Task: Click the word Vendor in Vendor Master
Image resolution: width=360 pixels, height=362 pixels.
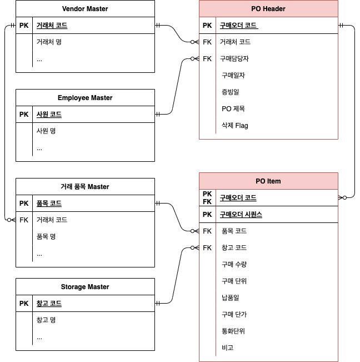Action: pyautogui.click(x=73, y=9)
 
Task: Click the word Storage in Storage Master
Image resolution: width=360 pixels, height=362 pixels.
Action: pyautogui.click(x=73, y=287)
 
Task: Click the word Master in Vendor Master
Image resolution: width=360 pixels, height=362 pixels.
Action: pyautogui.click(x=97, y=9)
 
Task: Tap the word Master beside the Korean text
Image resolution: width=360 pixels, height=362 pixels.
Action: pyautogui.click(x=98, y=187)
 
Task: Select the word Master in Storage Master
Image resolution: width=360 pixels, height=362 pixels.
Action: pyautogui.click(x=98, y=287)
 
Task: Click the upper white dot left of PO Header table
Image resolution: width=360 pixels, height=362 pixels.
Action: pyautogui.click(x=193, y=42)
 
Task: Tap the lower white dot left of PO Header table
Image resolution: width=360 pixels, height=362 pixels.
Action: pyautogui.click(x=193, y=58)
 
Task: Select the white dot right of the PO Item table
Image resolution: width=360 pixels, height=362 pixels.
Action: pyautogui.click(x=345, y=197)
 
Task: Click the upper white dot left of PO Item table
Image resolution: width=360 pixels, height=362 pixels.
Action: pyautogui.click(x=193, y=231)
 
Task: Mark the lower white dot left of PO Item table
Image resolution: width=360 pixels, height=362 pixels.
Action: pyautogui.click(x=193, y=247)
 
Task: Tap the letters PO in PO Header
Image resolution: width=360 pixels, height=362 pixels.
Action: pyautogui.click(x=256, y=9)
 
